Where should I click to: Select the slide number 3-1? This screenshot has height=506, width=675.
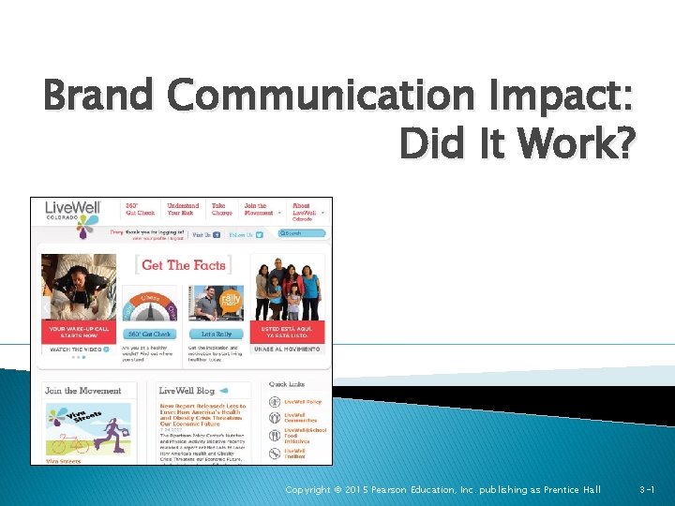point(647,490)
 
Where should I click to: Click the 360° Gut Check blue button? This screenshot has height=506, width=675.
point(149,334)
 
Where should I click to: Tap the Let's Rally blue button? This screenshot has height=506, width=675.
point(216,334)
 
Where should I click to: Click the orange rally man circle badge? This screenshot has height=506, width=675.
point(231,300)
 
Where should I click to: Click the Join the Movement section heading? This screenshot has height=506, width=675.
point(82,391)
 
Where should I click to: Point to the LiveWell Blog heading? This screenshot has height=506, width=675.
point(187,391)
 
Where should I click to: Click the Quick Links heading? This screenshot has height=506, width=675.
point(286,383)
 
